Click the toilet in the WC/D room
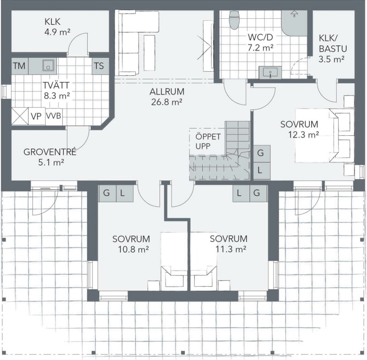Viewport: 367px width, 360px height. pos(234,20)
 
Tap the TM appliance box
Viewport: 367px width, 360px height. pos(20,66)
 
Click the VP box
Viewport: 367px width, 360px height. pos(37,116)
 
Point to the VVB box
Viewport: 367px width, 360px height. pos(54,116)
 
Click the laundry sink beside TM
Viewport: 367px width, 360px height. pos(48,65)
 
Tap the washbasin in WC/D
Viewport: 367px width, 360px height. pos(270,72)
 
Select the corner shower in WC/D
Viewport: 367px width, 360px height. pos(295,23)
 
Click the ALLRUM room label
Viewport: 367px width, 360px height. pos(167,91)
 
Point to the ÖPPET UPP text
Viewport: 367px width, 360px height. pos(208,141)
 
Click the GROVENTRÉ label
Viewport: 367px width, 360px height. pos(50,152)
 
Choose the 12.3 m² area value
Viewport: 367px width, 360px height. pos(303,135)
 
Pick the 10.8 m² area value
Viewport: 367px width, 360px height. pos(133,249)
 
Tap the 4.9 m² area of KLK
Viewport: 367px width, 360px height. pos(57,32)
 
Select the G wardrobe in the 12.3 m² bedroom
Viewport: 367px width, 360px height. pos(262,154)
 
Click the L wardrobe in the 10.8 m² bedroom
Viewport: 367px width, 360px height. pos(125,194)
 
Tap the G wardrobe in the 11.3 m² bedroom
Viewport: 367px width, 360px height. pos(258,194)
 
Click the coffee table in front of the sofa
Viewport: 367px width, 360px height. pos(150,53)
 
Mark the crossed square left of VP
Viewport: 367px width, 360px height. pos(20,116)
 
